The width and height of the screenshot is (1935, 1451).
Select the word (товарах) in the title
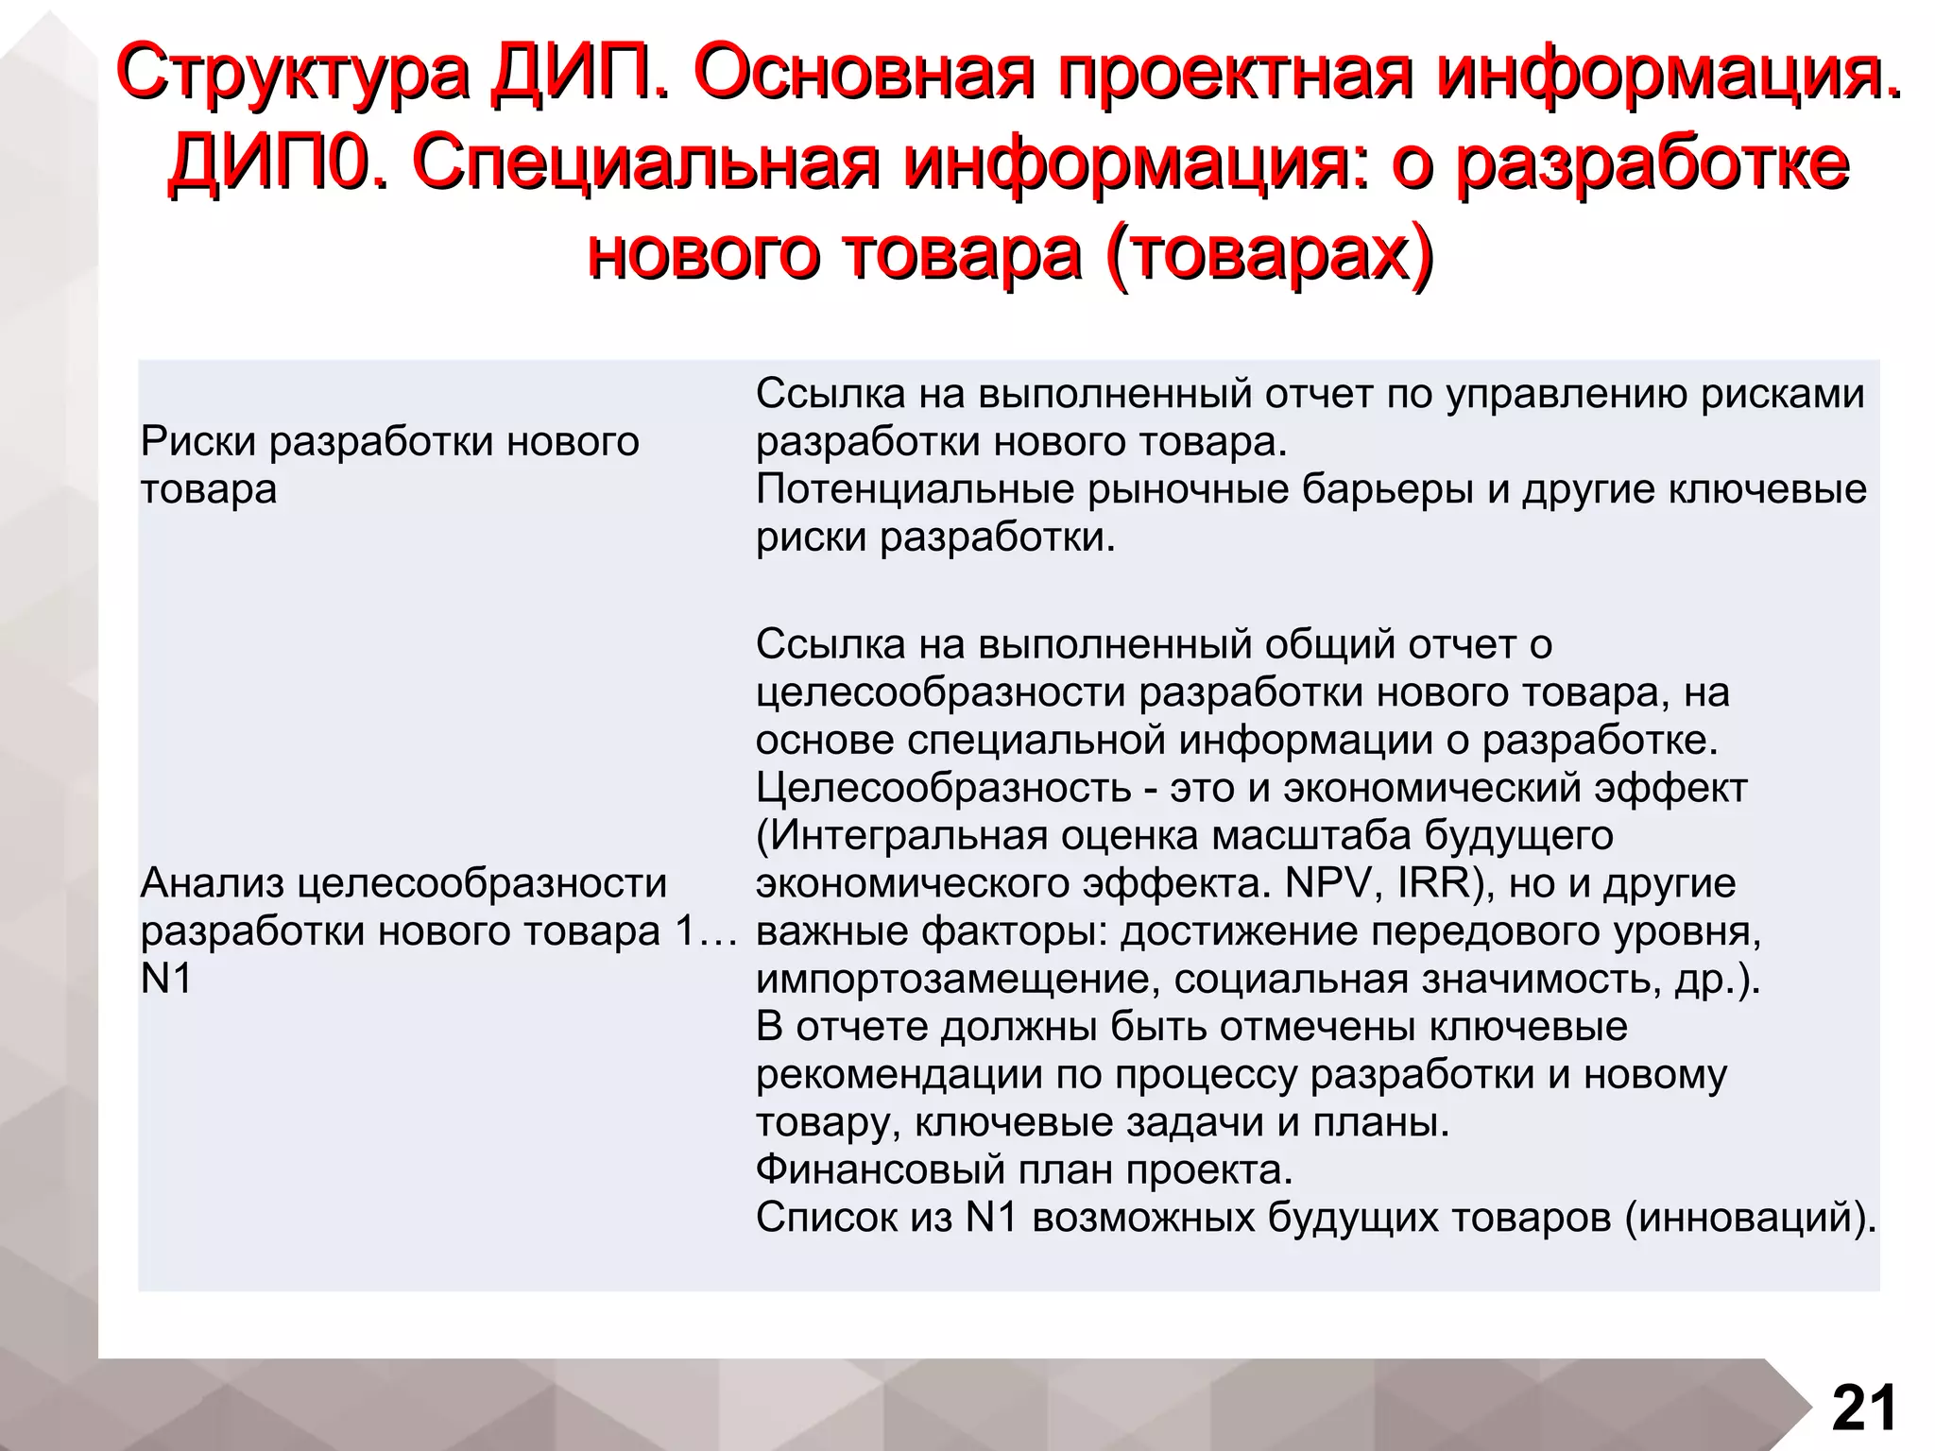[1266, 253]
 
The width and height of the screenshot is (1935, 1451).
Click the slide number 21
[1864, 1408]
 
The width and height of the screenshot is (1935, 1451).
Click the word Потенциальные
[916, 489]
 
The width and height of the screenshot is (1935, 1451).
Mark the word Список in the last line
[827, 1218]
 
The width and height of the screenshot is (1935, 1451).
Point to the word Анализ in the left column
[212, 883]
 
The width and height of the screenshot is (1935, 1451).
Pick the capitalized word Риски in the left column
[198, 441]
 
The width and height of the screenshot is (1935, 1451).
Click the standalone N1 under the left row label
[166, 979]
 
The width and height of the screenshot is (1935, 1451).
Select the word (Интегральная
[901, 835]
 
